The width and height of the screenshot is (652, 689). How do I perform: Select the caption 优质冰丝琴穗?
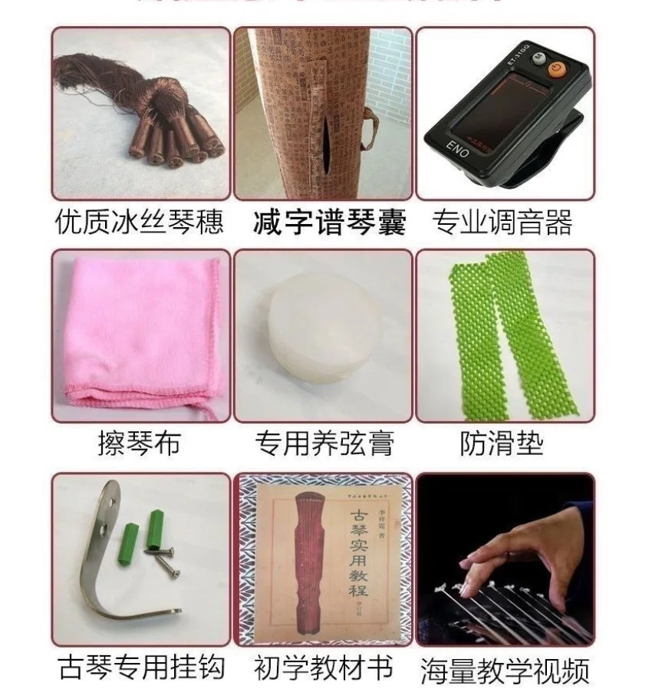[x=140, y=223]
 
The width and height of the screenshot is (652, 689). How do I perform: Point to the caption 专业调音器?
[x=503, y=223]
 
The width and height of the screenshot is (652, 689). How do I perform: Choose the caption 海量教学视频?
[x=505, y=669]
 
